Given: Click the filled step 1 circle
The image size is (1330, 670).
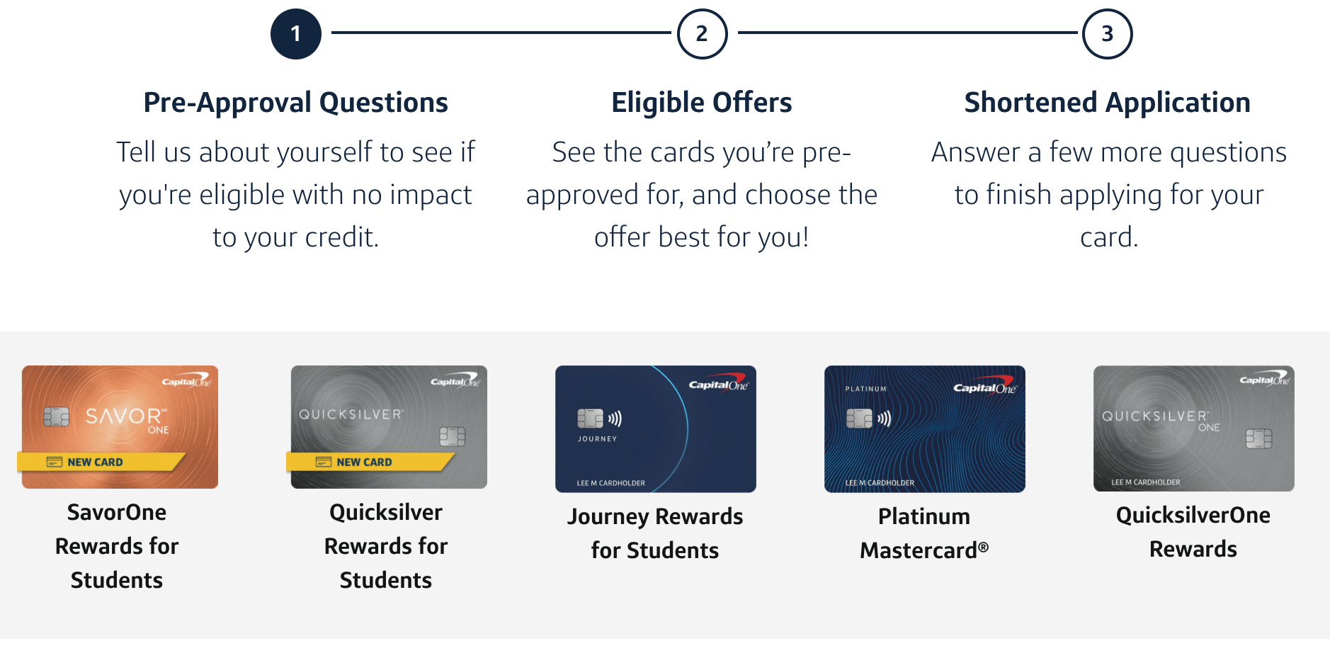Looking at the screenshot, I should (x=296, y=34).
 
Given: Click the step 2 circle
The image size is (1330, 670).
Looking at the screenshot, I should (x=702, y=34).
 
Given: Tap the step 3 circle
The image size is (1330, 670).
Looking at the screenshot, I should (x=1107, y=34).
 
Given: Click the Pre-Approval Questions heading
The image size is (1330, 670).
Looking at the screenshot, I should (x=295, y=103).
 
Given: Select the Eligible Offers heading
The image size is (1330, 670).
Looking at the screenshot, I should (x=701, y=103).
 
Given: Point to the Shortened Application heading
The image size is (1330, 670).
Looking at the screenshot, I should (x=1107, y=103).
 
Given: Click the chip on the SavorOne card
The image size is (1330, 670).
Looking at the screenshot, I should (x=56, y=416).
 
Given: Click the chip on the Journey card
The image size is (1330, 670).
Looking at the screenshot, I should (x=589, y=419).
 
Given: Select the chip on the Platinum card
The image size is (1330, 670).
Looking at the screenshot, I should (x=859, y=419).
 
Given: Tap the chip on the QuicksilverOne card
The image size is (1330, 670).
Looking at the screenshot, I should (x=1258, y=438).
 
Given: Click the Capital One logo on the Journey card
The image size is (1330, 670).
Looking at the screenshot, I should (x=717, y=384).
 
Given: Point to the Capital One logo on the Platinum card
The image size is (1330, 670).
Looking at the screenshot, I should (x=984, y=387).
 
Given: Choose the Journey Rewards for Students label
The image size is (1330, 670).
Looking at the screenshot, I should (x=655, y=533).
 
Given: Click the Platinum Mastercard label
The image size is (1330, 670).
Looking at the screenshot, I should (x=924, y=533).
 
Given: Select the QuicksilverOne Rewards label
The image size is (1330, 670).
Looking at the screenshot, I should (x=1193, y=532).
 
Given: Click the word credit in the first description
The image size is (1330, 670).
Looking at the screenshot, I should (x=341, y=237).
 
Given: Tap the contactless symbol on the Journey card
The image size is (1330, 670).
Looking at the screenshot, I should (x=615, y=419).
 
